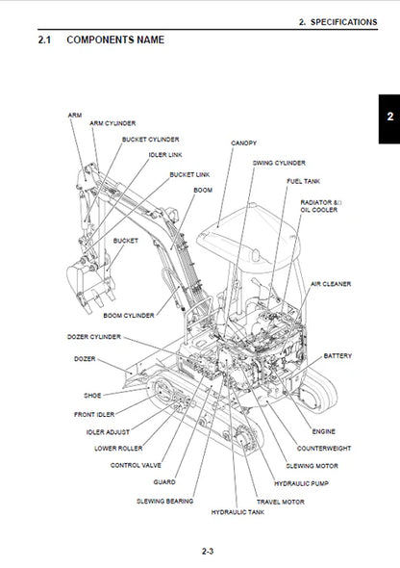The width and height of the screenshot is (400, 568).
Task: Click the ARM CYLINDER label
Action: click(112, 123)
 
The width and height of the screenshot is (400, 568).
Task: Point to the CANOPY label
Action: click(243, 142)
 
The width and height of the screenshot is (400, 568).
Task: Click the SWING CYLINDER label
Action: click(278, 164)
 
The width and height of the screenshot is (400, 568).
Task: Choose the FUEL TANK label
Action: click(303, 181)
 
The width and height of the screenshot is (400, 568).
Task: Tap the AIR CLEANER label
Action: click(331, 284)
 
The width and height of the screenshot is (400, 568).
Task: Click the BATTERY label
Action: click(337, 355)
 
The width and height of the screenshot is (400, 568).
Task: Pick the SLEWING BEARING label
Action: click(166, 501)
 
